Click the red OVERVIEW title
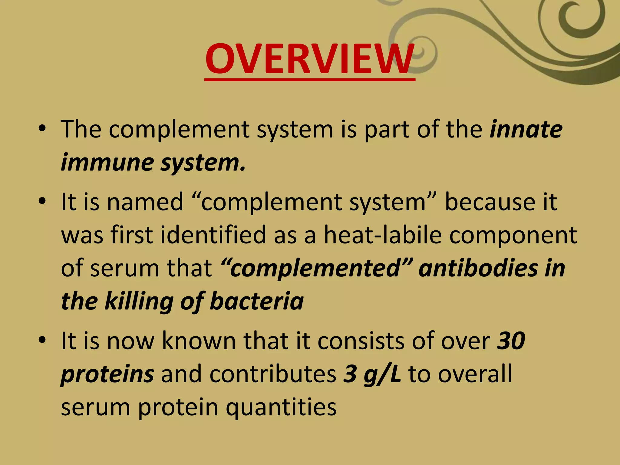pos(309,59)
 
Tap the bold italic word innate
pos(526,130)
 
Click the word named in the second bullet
pos(145,202)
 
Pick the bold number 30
pos(511,341)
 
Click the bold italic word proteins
pos(107,374)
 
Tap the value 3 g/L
pos(372,374)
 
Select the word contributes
pos(272,374)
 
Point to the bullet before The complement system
pos(42,129)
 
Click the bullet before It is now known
pos(42,340)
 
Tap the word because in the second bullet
pos(489,202)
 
